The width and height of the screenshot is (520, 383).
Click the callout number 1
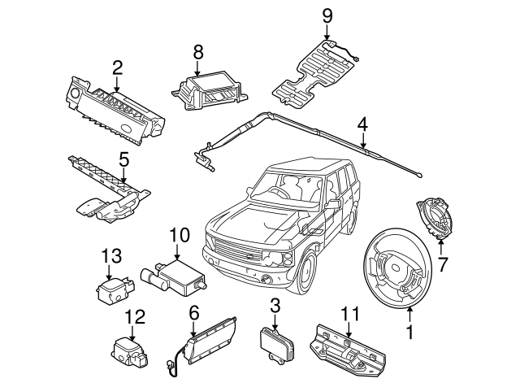point(410,333)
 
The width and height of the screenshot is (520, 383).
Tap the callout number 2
point(117,67)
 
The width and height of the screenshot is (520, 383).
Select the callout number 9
point(327,15)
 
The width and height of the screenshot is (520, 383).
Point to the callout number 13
point(110,257)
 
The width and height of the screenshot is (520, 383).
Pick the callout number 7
point(443,264)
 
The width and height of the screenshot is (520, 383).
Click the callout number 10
point(179,237)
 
